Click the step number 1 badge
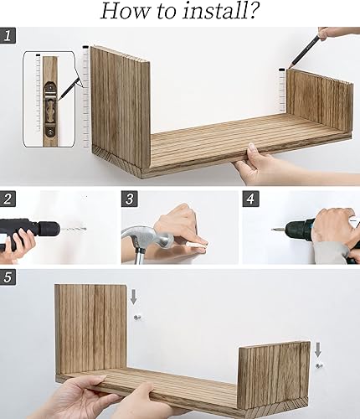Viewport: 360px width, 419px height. [x=8, y=35]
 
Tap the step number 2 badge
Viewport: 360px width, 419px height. [x=8, y=199]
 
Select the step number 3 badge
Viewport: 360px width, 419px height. [x=130, y=199]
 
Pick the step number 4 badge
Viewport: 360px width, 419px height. [x=250, y=199]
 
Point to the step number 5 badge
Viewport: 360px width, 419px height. [x=8, y=277]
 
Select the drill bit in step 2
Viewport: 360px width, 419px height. [x=74, y=229]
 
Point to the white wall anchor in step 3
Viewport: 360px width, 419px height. [x=198, y=246]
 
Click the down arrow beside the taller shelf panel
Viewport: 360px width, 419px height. [x=134, y=297]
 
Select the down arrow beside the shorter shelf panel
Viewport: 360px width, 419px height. [x=318, y=350]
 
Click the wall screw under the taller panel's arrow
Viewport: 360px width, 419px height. [x=137, y=317]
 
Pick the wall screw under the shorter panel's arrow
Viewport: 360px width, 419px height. [x=318, y=365]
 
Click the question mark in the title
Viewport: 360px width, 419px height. [x=252, y=11]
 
